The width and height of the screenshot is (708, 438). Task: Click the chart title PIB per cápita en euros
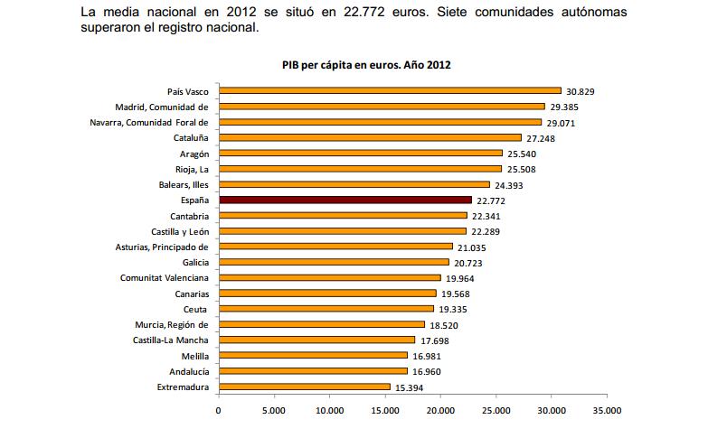pos(365,65)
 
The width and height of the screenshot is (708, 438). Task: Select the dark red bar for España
pos(345,200)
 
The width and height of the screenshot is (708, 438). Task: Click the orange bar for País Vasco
pos(390,90)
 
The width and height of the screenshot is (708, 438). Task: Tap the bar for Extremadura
pos(305,387)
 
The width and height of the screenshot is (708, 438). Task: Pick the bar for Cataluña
pos(370,137)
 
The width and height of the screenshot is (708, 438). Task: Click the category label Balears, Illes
pos(184,184)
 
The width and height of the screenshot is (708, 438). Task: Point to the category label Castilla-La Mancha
pos(170,340)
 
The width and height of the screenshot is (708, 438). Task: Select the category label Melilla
pos(194,356)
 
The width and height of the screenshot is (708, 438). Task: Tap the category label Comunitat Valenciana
pos(165,277)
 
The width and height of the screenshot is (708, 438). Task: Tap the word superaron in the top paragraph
pos(113,28)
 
